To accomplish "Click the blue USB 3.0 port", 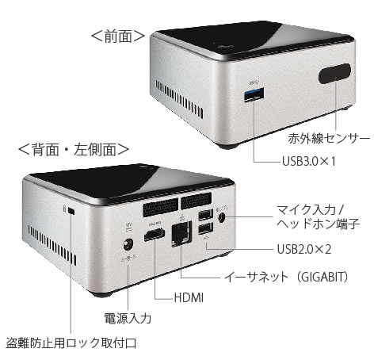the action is pyautogui.click(x=254, y=94).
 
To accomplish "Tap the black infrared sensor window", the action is pyautogui.click(x=334, y=73).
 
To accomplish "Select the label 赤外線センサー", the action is pyautogui.click(x=329, y=139).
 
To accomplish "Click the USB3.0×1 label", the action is pyautogui.click(x=309, y=161).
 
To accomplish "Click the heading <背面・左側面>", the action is pyautogui.click(x=74, y=149).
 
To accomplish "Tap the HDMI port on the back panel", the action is pyautogui.click(x=155, y=235).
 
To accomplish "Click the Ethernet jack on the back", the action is pyautogui.click(x=181, y=235).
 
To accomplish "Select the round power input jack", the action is pyautogui.click(x=128, y=244).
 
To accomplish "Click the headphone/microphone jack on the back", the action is pyautogui.click(x=222, y=218).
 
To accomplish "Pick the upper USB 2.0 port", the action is pyautogui.click(x=205, y=215).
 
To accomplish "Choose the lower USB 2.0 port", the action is pyautogui.click(x=205, y=228).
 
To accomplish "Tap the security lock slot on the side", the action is pyautogui.click(x=71, y=211).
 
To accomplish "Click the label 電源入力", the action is pyautogui.click(x=128, y=318).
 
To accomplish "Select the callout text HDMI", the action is pyautogui.click(x=189, y=297).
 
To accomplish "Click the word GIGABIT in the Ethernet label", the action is pyautogui.click(x=324, y=277).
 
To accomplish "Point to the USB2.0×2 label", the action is pyautogui.click(x=304, y=249).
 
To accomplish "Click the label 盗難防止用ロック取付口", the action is pyautogui.click(x=71, y=343).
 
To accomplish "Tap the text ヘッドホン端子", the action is pyautogui.click(x=319, y=224).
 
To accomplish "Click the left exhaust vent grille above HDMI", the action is pyautogui.click(x=160, y=207).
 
